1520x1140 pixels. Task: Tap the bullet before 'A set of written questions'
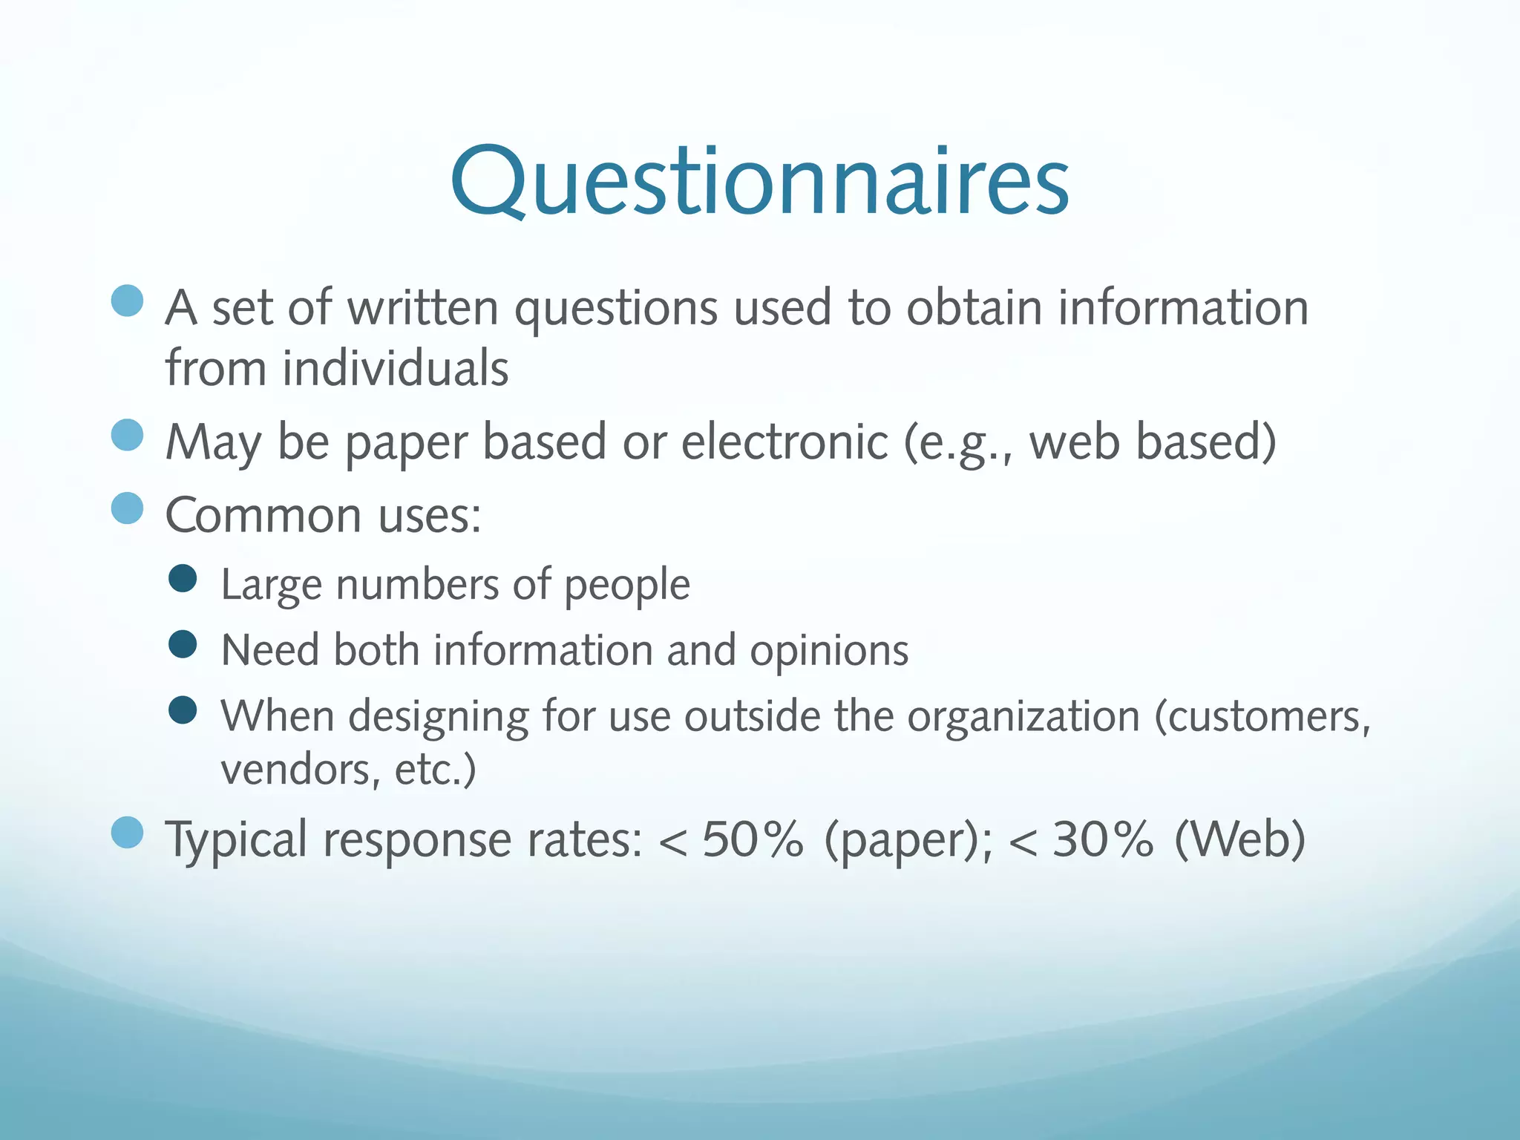pyautogui.click(x=127, y=301)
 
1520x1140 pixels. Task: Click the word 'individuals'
pyautogui.click(x=396, y=368)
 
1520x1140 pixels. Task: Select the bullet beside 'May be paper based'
pyautogui.click(x=127, y=435)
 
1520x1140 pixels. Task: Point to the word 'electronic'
pyautogui.click(x=784, y=442)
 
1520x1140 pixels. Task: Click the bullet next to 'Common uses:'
pyautogui.click(x=127, y=508)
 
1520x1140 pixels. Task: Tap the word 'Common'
pyautogui.click(x=263, y=515)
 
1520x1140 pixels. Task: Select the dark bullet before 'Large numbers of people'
pyautogui.click(x=183, y=578)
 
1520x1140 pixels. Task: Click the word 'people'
pyautogui.click(x=627, y=586)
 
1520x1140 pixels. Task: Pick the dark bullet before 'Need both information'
pyautogui.click(x=183, y=644)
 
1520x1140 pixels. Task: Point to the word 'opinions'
pyautogui.click(x=829, y=651)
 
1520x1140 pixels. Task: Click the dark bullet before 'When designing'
pyautogui.click(x=183, y=710)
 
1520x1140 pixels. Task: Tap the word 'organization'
pyautogui.click(x=1023, y=717)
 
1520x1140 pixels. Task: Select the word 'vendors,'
pyautogui.click(x=301, y=770)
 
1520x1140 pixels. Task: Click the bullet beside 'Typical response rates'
pyautogui.click(x=127, y=832)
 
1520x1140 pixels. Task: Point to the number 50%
pyautogui.click(x=753, y=839)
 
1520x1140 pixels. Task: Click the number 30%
pyautogui.click(x=1103, y=839)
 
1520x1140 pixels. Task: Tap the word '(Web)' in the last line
pyautogui.click(x=1240, y=839)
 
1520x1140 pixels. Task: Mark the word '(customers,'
pyautogui.click(x=1262, y=717)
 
